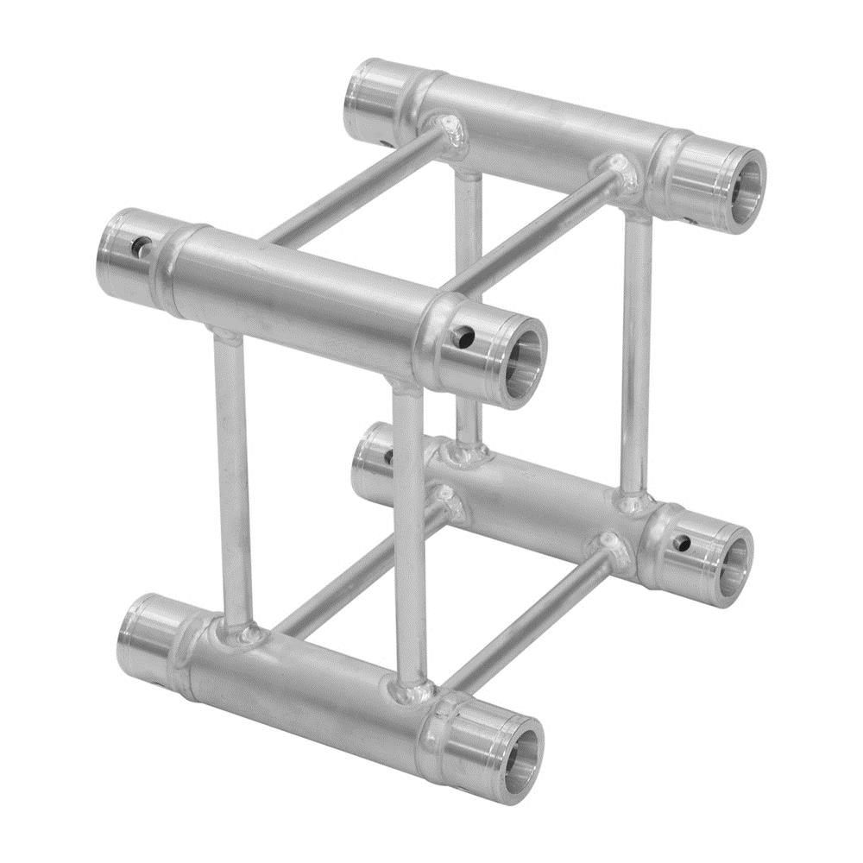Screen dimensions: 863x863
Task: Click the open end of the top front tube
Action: pos(521,361)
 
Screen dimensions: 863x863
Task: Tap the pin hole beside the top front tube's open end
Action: pos(467,332)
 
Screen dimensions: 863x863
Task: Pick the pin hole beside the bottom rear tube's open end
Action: pos(682,543)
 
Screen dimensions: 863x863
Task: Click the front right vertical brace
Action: pos(410,535)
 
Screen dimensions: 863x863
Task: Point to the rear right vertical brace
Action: pos(637,354)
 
